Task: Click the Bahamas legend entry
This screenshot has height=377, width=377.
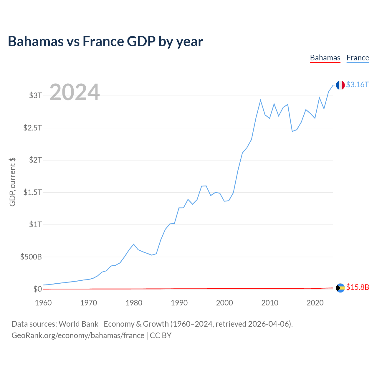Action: tap(325, 58)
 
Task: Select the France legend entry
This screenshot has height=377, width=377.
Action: tap(358, 58)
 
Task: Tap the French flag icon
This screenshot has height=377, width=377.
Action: tap(340, 85)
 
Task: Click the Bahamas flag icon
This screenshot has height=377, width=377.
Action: tap(340, 288)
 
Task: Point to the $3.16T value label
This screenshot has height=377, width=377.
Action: tap(357, 85)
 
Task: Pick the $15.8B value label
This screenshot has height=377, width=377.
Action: tap(358, 287)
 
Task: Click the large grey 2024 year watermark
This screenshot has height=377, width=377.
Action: tap(75, 92)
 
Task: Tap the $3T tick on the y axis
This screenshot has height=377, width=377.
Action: tap(35, 95)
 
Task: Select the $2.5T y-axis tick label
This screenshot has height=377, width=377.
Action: tap(32, 128)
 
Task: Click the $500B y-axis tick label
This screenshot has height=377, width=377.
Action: tap(31, 257)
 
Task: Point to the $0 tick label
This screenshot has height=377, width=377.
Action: tap(38, 289)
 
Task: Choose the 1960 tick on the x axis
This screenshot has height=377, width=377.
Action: tap(43, 303)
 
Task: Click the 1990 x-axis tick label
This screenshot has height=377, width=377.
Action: tap(179, 303)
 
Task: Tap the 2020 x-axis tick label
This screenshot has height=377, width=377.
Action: tap(315, 303)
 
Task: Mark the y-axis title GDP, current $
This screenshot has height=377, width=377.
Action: tap(12, 182)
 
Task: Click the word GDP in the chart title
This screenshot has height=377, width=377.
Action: tap(141, 41)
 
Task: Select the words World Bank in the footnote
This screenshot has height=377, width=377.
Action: tap(78, 324)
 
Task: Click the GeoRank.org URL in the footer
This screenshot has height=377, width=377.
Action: tap(78, 335)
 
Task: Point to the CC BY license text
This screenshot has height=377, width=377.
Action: tap(161, 335)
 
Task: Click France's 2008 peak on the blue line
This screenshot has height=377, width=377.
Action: tap(261, 100)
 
